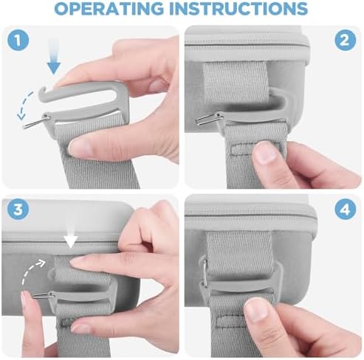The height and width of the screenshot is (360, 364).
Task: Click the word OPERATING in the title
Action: (x=109, y=8)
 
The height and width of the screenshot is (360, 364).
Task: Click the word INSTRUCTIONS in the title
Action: (x=238, y=8)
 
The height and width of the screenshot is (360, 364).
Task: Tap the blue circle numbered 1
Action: (x=18, y=41)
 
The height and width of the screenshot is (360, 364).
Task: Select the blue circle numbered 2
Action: (x=346, y=41)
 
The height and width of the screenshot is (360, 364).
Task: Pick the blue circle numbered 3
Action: (x=18, y=210)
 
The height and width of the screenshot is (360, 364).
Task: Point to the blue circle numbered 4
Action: (x=346, y=210)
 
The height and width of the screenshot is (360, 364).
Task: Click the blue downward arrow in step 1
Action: (x=54, y=57)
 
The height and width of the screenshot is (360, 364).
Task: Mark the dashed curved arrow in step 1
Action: (x=24, y=105)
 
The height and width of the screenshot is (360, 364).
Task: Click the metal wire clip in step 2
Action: (x=209, y=119)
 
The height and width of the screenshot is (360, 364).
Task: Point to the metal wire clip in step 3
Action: (x=44, y=296)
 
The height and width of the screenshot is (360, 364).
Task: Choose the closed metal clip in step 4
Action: (x=205, y=272)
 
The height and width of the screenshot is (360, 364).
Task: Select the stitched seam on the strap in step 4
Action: (x=230, y=321)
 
